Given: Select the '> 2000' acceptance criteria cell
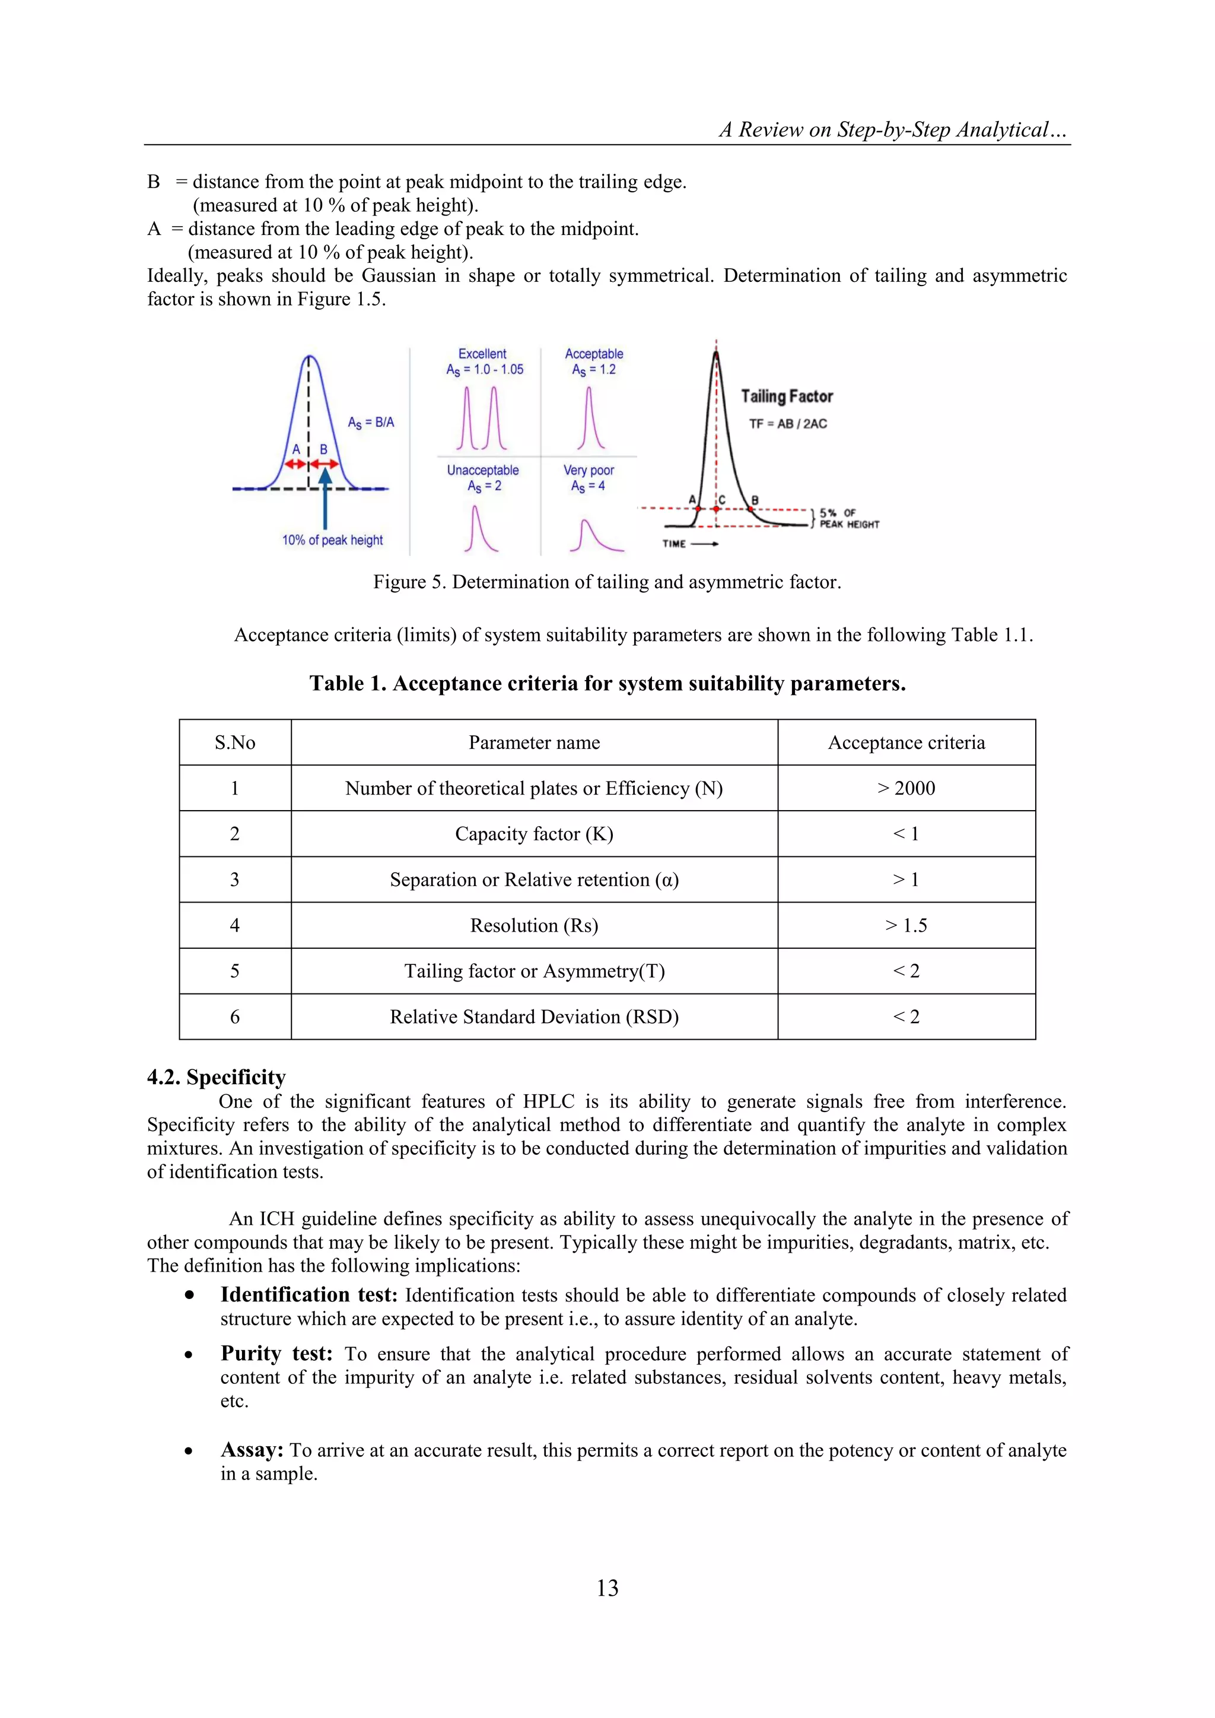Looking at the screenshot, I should pos(906,788).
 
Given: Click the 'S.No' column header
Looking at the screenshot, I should pos(235,742).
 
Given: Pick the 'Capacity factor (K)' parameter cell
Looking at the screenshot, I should pos(533,834).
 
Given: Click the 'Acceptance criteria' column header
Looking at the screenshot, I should pos(906,742).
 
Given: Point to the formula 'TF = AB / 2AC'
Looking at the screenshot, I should pos(788,424).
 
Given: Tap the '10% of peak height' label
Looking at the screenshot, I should pos(332,539).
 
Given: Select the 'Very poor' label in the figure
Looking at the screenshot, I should pos(589,470).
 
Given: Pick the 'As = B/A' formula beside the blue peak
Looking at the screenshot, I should pos(370,423).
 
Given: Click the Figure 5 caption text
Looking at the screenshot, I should pos(607,582).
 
